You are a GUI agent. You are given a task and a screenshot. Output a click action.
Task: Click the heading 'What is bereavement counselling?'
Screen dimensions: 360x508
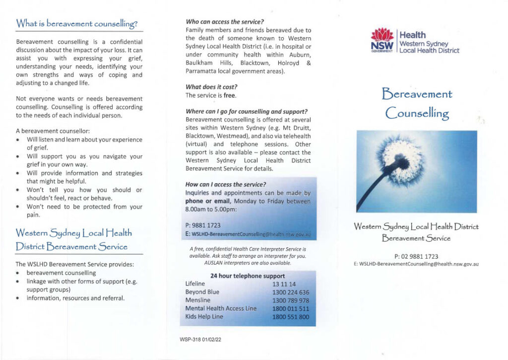pyautogui.click(x=77, y=23)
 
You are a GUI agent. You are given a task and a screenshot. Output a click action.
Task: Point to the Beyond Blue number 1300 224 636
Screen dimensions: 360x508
pyautogui.click(x=291, y=292)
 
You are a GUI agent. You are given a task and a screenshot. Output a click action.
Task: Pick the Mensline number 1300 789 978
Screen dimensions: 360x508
pyautogui.click(x=291, y=300)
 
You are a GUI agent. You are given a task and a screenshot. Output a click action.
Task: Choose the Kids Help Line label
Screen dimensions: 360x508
pyautogui.click(x=204, y=317)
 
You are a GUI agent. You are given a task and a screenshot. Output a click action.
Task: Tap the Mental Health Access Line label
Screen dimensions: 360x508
pyautogui.click(x=221, y=308)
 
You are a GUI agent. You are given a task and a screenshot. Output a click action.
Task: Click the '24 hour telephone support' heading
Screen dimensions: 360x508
pyautogui.click(x=248, y=276)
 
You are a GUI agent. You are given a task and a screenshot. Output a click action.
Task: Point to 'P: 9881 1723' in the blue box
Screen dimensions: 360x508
pyautogui.click(x=202, y=225)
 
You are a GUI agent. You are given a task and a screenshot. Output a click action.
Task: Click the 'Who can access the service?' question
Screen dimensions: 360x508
pyautogui.click(x=224, y=22)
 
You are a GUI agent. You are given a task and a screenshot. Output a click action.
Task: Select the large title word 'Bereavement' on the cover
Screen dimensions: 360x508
pyautogui.click(x=417, y=94)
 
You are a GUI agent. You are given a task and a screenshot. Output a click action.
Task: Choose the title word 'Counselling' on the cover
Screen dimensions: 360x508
pyautogui.click(x=417, y=113)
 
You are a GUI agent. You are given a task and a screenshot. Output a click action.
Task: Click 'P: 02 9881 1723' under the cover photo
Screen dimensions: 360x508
pyautogui.click(x=416, y=256)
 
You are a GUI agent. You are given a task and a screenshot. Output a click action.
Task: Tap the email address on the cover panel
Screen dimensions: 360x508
pyautogui.click(x=416, y=264)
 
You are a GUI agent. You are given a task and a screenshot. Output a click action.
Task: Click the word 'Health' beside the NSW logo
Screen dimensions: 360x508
pyautogui.click(x=412, y=35)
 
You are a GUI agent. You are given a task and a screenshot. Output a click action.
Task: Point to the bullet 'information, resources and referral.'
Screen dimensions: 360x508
pyautogui.click(x=75, y=298)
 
